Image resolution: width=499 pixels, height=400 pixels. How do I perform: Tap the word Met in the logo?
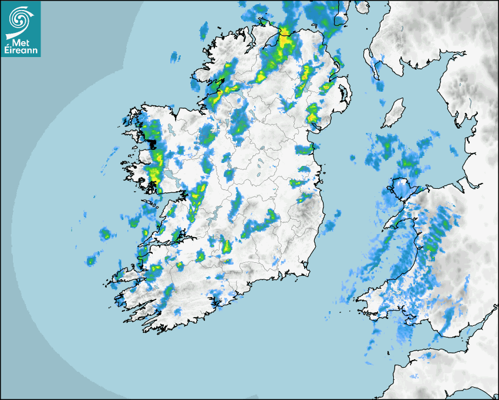(21, 43)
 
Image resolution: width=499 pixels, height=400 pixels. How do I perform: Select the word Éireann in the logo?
(21, 51)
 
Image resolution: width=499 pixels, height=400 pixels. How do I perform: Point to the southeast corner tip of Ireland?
(308, 272)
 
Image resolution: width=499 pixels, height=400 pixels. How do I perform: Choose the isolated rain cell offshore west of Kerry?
(92, 260)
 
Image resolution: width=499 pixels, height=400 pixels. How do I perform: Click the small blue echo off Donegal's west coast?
(174, 57)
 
